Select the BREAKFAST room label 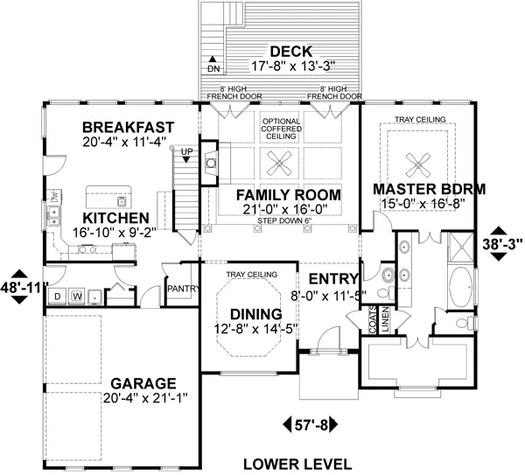(128, 127)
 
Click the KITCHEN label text (116, 218)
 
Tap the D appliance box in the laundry (58, 297)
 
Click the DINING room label (255, 314)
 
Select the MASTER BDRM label (429, 189)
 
